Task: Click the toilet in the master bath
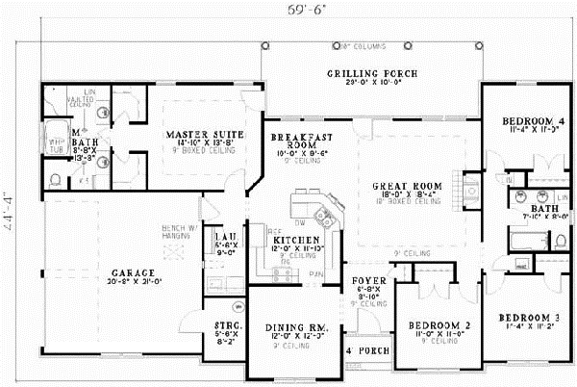pyautogui.click(x=55, y=178)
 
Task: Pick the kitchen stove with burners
pyautogui.click(x=284, y=276)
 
